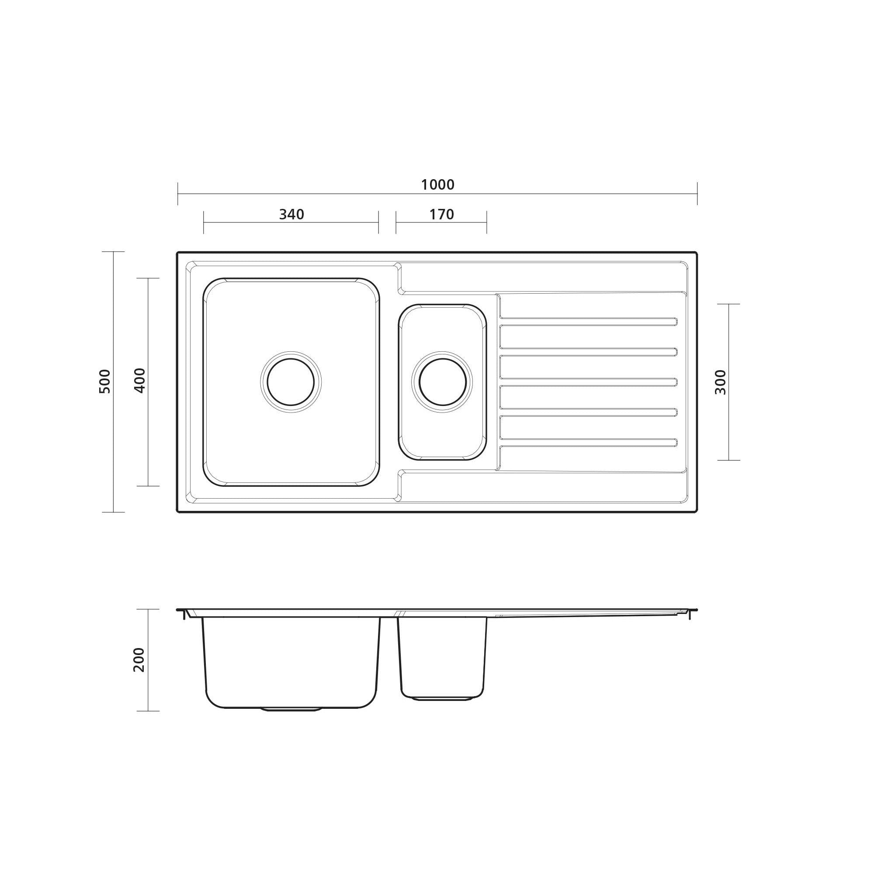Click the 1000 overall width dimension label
tap(437, 184)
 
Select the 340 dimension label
tap(291, 215)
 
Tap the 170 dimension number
tap(441, 215)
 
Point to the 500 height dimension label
tap(104, 382)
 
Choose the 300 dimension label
tap(720, 382)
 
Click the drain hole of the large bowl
tap(291, 382)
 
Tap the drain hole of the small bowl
tap(442, 382)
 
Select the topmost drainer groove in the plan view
tap(588, 322)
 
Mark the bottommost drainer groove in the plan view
tap(588, 442)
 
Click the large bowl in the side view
tap(291, 660)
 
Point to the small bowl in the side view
tap(442, 656)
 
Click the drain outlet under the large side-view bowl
tap(291, 709)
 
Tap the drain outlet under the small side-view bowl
tap(442, 699)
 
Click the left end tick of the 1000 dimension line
tap(178, 194)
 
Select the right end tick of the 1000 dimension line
tap(697, 194)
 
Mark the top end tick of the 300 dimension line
tap(728, 304)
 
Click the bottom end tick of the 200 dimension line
tap(148, 711)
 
